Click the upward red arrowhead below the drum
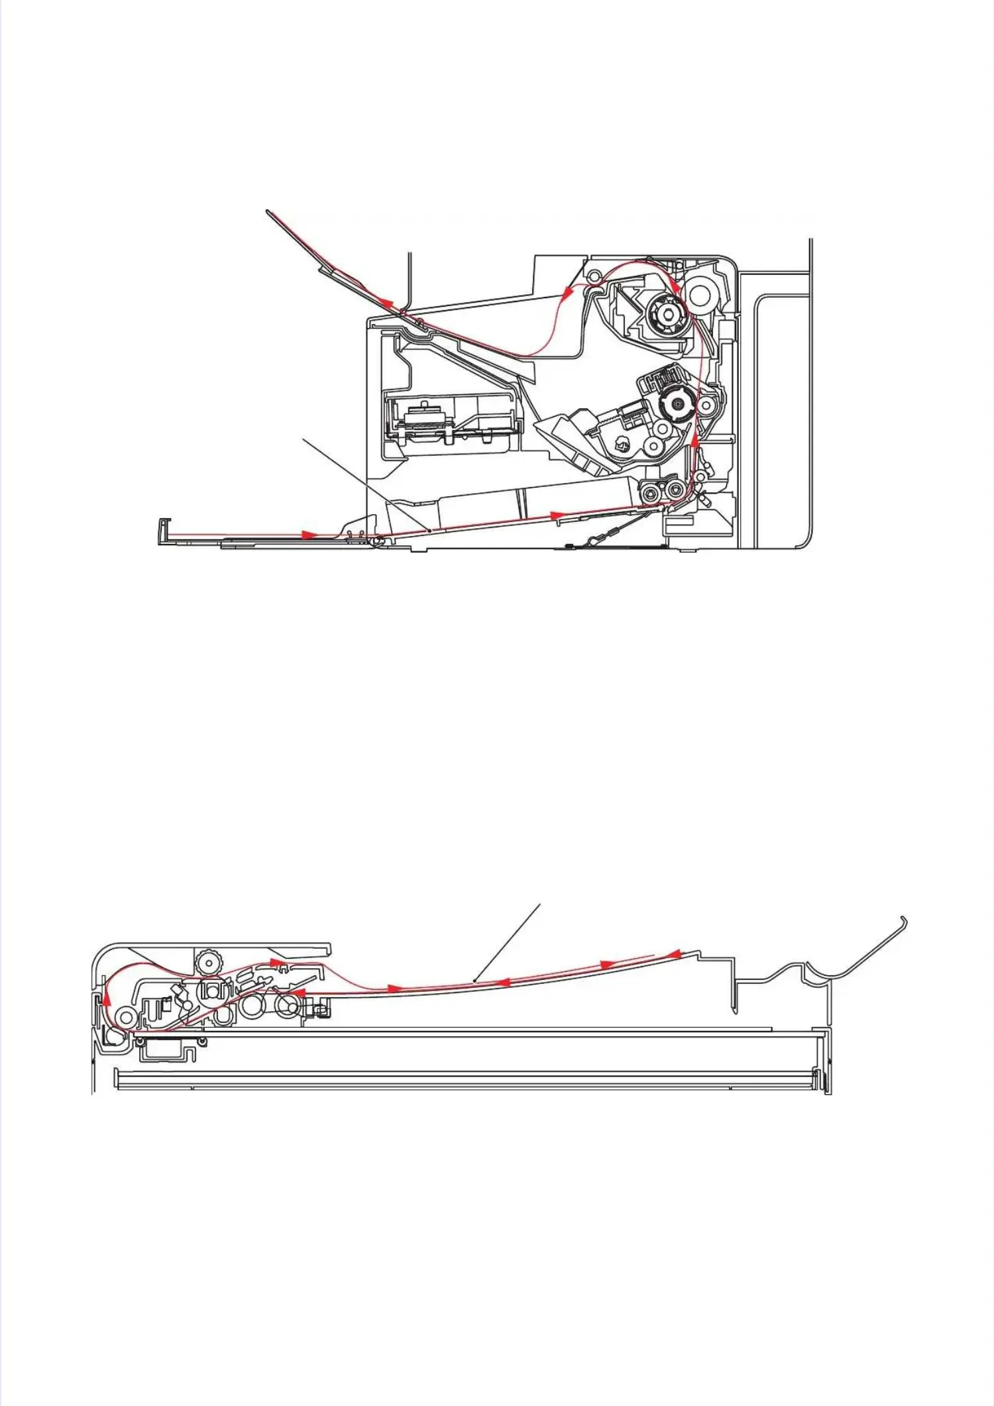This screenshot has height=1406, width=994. pyautogui.click(x=694, y=440)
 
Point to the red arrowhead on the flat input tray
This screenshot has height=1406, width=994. pyautogui.click(x=309, y=534)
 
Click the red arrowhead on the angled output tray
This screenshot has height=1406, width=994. pyautogui.click(x=386, y=303)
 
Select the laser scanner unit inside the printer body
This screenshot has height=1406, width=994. pyautogui.click(x=449, y=419)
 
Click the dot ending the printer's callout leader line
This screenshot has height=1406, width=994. pyautogui.click(x=430, y=531)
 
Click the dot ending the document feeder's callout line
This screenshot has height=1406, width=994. pyautogui.click(x=474, y=979)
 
